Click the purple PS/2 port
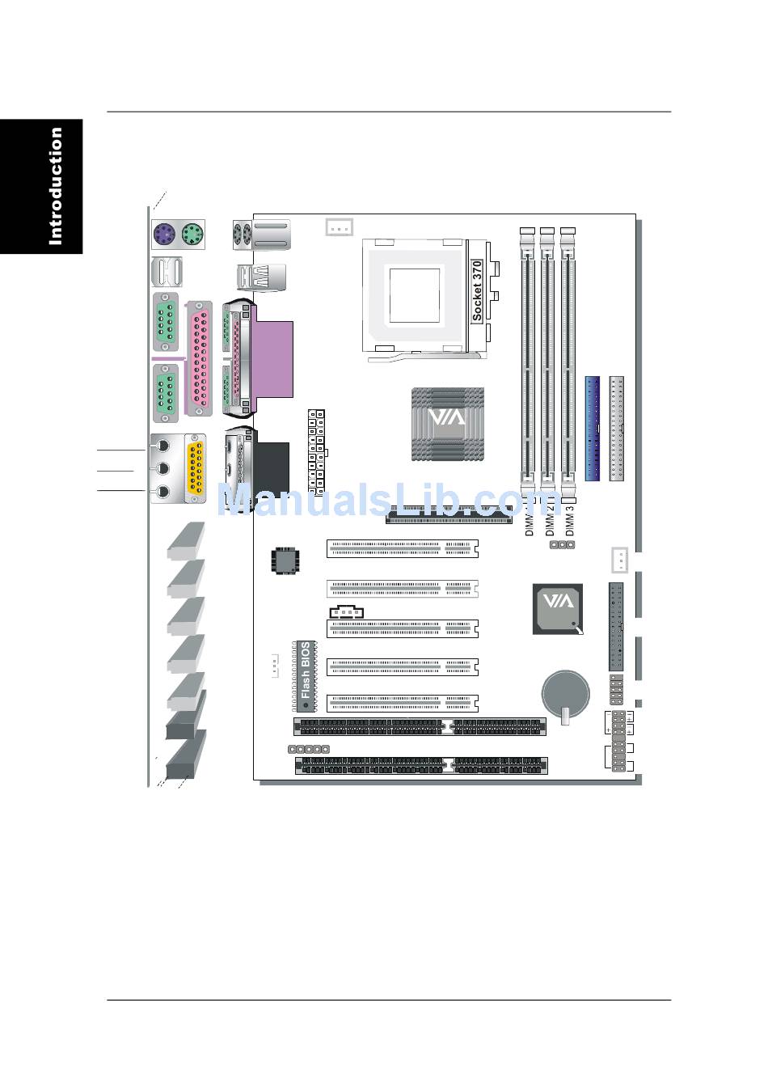164,235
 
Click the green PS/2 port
192,235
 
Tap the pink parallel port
199,359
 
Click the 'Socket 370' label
477,291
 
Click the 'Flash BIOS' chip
306,670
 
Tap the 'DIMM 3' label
569,522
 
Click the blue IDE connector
592,428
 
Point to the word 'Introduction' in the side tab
55,186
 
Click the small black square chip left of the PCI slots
284,560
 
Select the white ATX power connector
316,453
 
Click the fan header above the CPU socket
339,227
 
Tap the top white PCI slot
402,549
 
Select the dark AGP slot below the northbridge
449,515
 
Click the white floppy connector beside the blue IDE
618,428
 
